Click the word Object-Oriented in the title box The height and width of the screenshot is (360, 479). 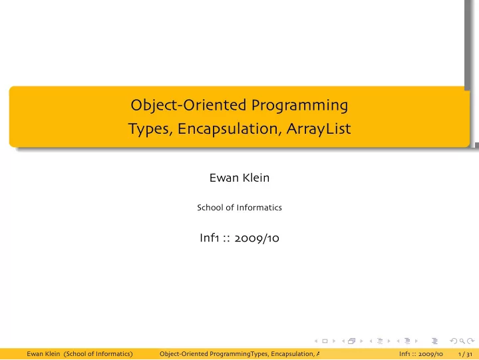(x=188, y=105)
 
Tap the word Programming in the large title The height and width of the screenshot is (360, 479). (x=299, y=106)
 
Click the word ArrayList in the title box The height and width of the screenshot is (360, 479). (x=319, y=129)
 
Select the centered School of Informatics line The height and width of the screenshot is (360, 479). (x=239, y=208)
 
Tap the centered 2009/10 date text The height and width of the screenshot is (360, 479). (x=257, y=238)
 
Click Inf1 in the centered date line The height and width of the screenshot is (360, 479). (x=210, y=238)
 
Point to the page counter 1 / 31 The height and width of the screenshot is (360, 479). (x=465, y=354)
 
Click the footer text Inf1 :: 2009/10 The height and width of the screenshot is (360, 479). (x=421, y=354)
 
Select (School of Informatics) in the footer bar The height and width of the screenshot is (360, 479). (x=98, y=354)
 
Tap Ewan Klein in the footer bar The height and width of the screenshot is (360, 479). (x=43, y=354)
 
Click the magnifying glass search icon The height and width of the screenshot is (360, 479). (x=462, y=341)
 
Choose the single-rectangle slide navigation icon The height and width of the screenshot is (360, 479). (x=325, y=341)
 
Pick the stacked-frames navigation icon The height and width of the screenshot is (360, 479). (x=352, y=341)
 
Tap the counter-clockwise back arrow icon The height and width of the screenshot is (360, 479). (x=454, y=341)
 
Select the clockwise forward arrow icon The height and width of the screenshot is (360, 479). (x=471, y=341)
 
